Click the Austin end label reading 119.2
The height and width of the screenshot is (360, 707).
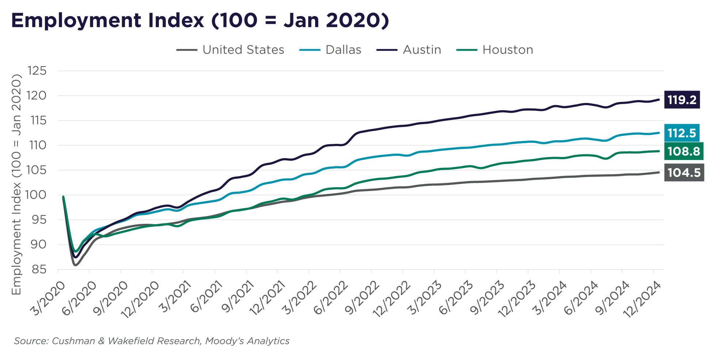click(681, 100)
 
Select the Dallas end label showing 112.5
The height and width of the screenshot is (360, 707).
click(681, 133)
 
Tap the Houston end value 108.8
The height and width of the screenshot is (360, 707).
click(683, 151)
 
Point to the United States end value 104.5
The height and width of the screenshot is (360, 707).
click(684, 172)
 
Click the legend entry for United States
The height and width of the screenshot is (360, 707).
click(230, 50)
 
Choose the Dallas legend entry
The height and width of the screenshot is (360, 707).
click(330, 50)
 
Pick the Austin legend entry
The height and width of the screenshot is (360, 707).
click(409, 50)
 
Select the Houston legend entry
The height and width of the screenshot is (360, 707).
click(495, 50)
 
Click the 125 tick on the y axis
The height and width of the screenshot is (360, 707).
click(37, 71)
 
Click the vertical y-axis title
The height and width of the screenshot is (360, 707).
click(16, 184)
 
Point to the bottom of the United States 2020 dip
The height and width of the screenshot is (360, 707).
click(75, 265)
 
